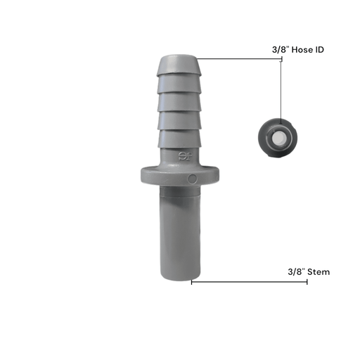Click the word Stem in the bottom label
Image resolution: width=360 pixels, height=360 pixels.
point(319,271)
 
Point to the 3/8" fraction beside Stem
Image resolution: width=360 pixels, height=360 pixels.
point(297,271)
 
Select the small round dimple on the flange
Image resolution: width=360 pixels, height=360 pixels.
point(192,179)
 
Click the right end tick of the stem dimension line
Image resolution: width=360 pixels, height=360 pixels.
point(307,282)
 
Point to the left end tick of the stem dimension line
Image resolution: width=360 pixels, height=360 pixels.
point(191,282)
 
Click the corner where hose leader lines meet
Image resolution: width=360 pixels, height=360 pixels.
point(281,59)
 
